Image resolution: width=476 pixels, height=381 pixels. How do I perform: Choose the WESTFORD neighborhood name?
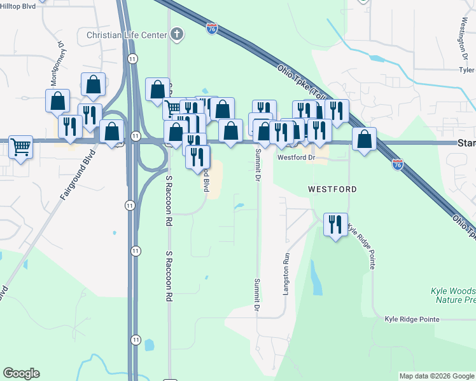[x=332, y=189]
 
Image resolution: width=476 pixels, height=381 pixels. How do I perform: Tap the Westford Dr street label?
[x=296, y=157]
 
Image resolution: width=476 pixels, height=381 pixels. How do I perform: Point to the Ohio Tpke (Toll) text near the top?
[x=299, y=83]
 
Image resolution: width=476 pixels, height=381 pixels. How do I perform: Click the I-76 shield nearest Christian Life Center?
[x=212, y=29]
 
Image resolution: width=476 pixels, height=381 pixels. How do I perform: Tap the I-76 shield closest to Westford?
[x=397, y=164]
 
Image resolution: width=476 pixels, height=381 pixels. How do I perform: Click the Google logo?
[x=21, y=373]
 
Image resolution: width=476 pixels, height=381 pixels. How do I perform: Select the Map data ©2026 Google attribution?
[x=437, y=376]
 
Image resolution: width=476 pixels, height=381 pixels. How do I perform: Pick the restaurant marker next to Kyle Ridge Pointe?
[x=335, y=225]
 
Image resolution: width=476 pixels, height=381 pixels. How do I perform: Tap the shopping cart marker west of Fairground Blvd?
[x=21, y=147]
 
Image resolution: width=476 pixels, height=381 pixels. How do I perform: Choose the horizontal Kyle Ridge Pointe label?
[x=412, y=318]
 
